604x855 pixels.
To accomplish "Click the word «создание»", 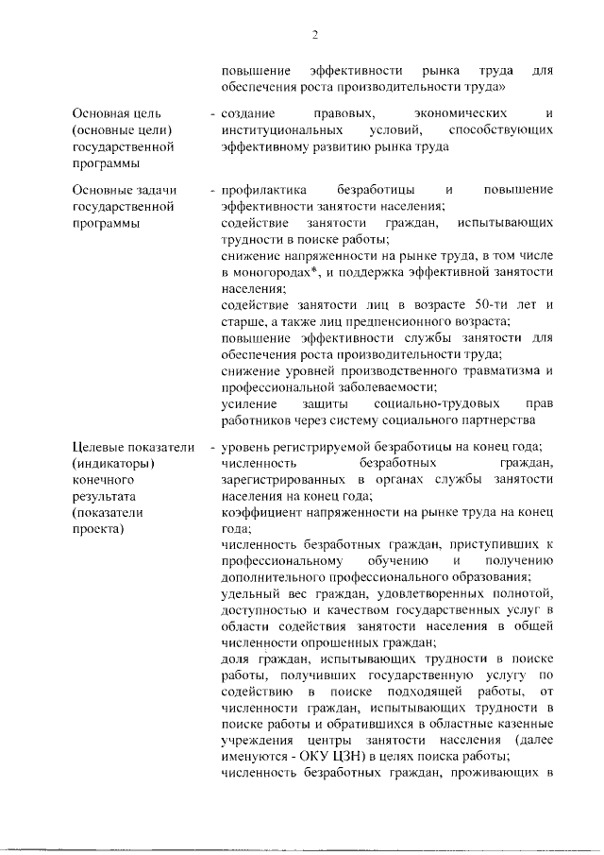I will click(247, 112).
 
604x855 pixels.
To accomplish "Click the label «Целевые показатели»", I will click(132, 447).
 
